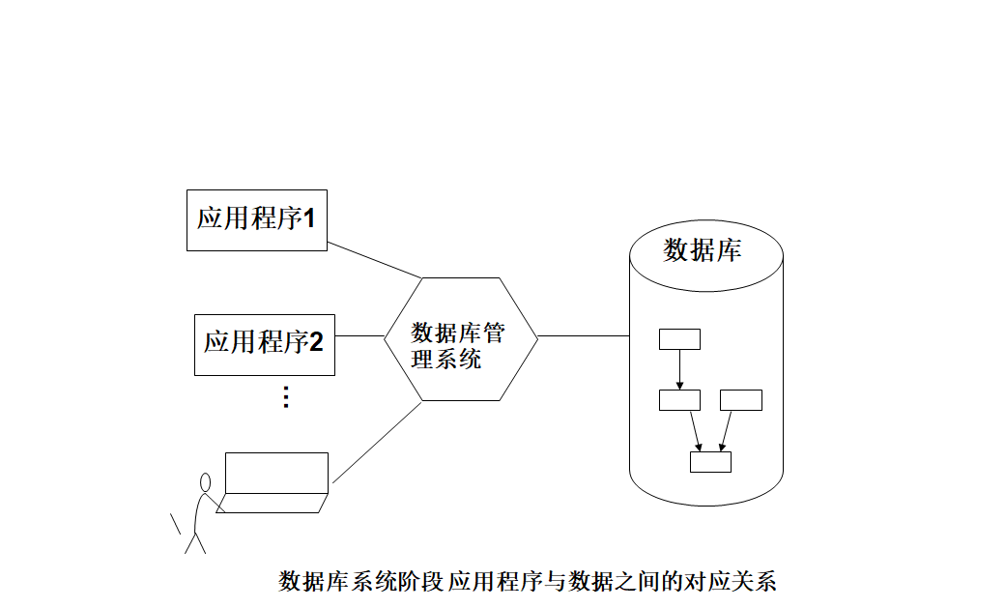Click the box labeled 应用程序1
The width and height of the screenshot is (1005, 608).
pos(256,220)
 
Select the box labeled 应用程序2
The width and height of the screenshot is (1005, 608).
pos(264,344)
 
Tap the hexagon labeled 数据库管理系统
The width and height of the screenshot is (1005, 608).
pos(460,337)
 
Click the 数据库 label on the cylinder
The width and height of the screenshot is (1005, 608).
pos(703,250)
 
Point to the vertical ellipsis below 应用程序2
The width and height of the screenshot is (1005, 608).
pos(285,397)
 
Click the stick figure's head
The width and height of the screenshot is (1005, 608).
pos(205,482)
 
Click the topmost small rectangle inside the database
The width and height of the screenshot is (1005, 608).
pos(679,339)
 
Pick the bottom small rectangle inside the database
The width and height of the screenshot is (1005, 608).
pos(710,462)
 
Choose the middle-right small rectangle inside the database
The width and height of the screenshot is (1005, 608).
pos(741,400)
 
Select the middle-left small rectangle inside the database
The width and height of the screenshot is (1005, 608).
pos(679,400)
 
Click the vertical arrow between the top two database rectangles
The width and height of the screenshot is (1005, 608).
pos(679,369)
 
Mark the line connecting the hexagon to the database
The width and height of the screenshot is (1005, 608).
pos(584,336)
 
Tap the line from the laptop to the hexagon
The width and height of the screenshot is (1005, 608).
pos(377,442)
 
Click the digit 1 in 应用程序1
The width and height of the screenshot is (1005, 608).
pos(310,219)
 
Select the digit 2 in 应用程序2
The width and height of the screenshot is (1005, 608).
pos(316,342)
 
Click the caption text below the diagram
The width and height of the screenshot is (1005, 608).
pos(528,582)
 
